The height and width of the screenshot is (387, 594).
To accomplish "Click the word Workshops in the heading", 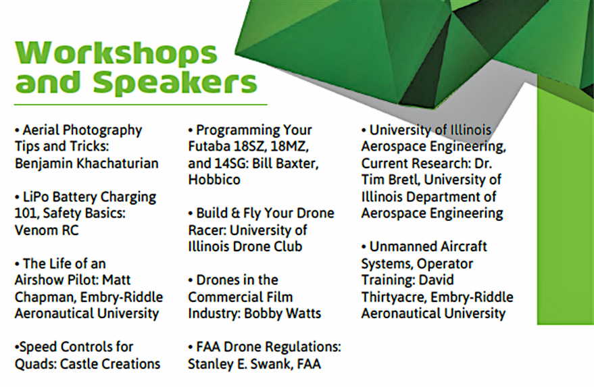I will click(x=116, y=54).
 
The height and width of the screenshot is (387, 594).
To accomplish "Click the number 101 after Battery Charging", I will click(x=26, y=213).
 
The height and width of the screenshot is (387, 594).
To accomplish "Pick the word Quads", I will click(x=34, y=363).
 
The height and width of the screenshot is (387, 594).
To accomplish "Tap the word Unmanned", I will click(x=403, y=247).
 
